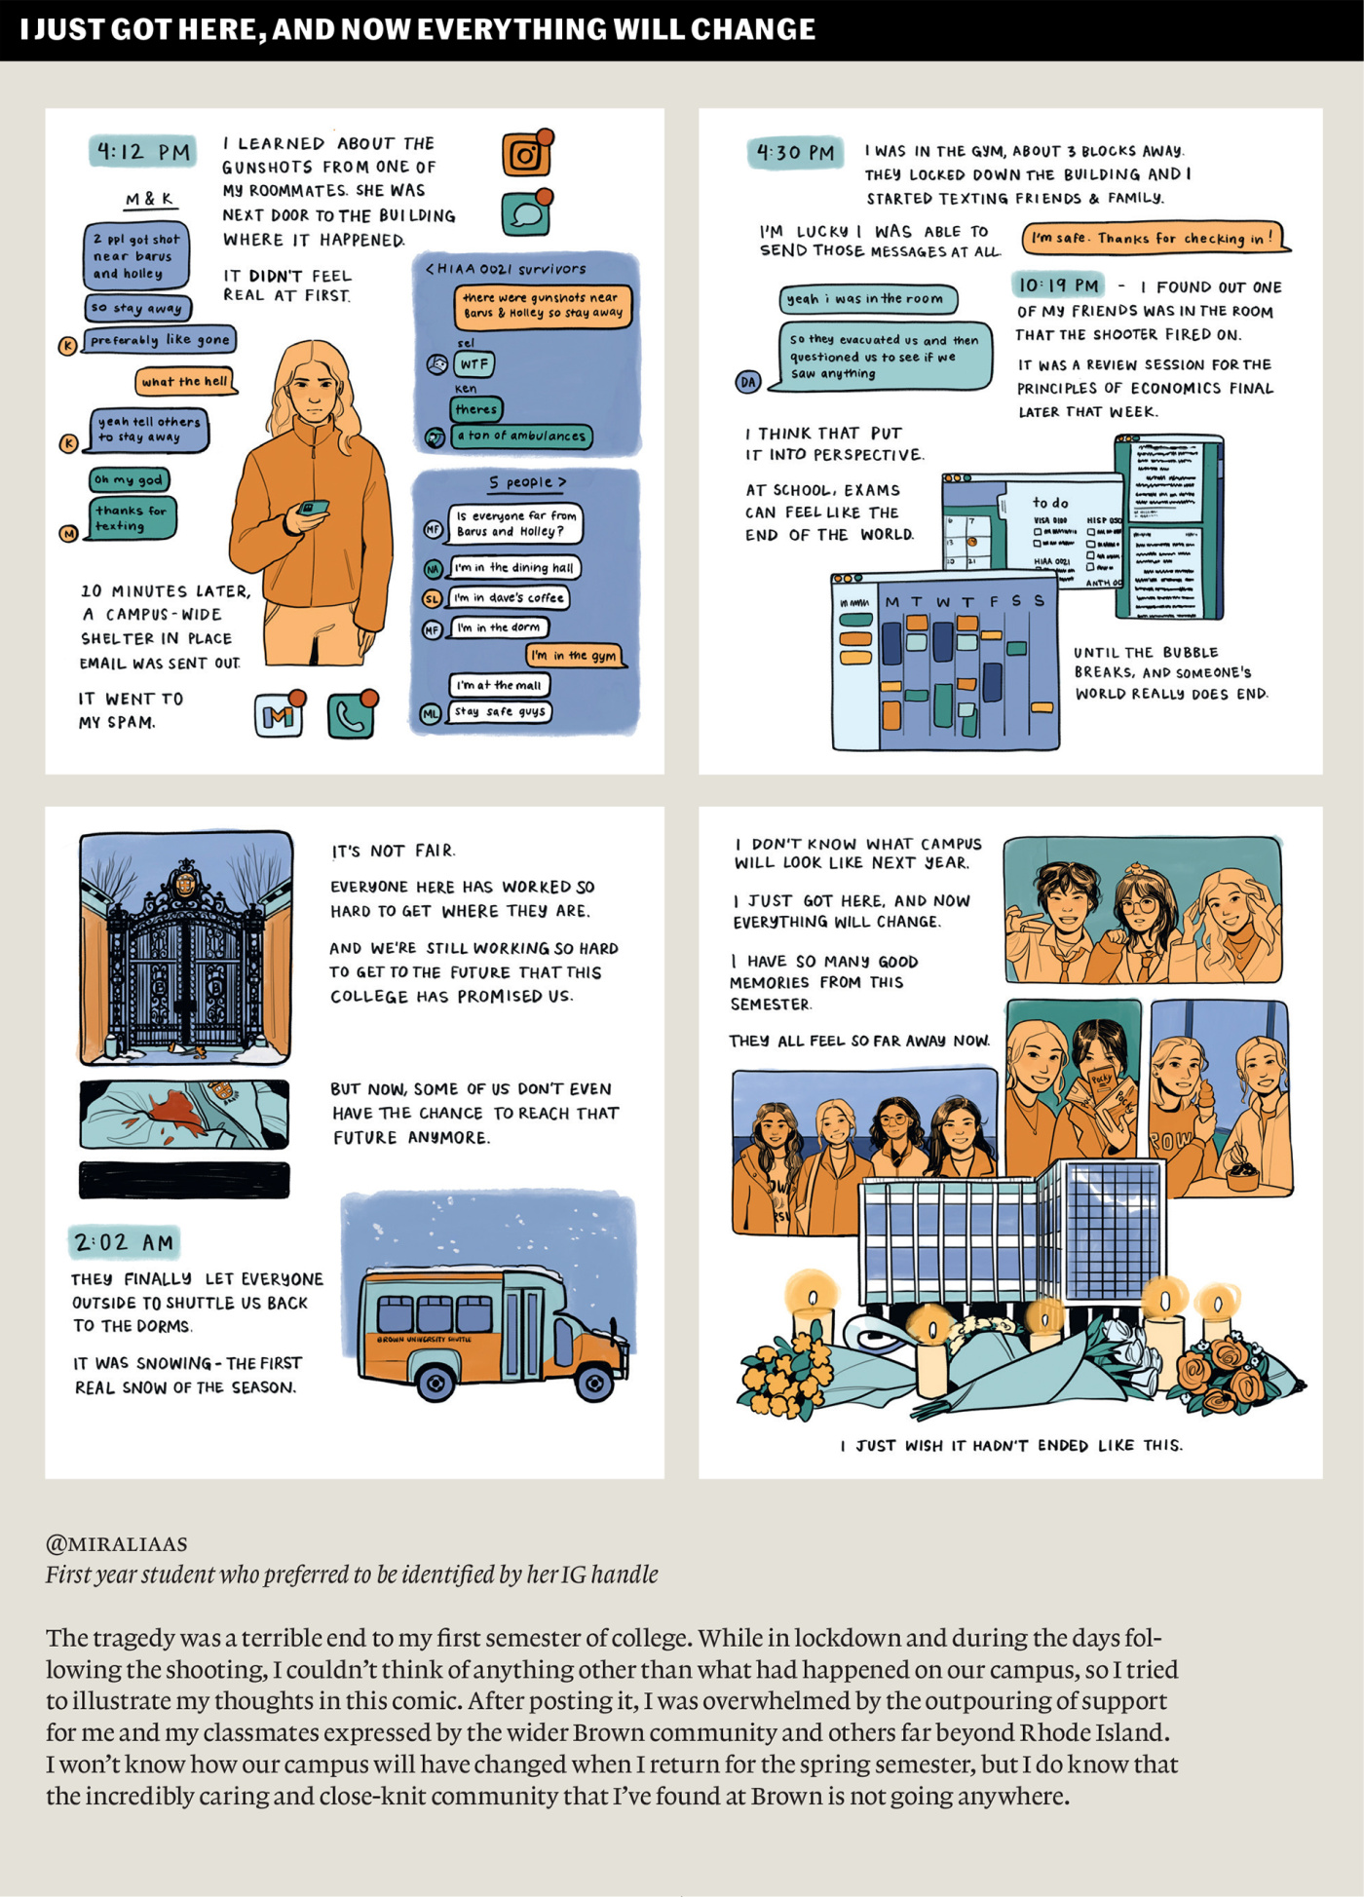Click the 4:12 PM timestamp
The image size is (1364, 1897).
click(143, 152)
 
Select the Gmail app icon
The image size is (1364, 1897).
click(279, 716)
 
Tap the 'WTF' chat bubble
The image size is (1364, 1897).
click(474, 364)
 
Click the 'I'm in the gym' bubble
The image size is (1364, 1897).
click(575, 656)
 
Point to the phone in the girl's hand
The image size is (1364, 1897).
click(313, 508)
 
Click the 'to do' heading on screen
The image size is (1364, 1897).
click(1050, 503)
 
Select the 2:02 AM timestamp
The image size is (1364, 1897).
click(124, 1242)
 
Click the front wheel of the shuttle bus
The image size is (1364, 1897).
click(592, 1382)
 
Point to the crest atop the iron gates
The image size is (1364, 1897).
click(184, 881)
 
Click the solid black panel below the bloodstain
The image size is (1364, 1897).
click(184, 1180)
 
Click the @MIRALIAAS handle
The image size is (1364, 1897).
click(117, 1543)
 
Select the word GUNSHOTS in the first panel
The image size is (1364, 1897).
click(267, 168)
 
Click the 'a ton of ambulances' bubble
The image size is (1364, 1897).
click(521, 436)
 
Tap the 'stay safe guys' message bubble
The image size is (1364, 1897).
click(500, 712)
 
